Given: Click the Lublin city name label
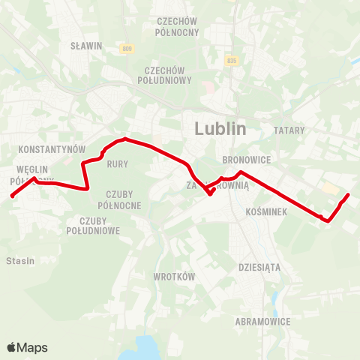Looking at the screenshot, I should [x=220, y=128].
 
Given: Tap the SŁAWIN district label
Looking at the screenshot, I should [x=85, y=46].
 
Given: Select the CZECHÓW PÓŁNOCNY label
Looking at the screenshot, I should [x=177, y=27].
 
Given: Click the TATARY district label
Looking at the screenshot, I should [x=289, y=130].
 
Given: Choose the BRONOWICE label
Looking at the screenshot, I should [x=247, y=160].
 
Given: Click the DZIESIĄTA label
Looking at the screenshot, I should [x=259, y=266].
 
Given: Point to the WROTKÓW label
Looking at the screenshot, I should [x=174, y=276].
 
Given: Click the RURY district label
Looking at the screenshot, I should [x=118, y=163].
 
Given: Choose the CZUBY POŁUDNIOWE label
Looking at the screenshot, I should [x=100, y=226].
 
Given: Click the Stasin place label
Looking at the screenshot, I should [x=18, y=261].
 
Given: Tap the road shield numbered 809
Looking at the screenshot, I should [x=126, y=49].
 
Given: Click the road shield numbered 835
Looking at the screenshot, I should [x=231, y=61].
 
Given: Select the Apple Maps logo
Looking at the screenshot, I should [x=27, y=347].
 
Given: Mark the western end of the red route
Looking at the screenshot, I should [x=11, y=197].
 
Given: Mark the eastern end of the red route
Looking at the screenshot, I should [x=349, y=195].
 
